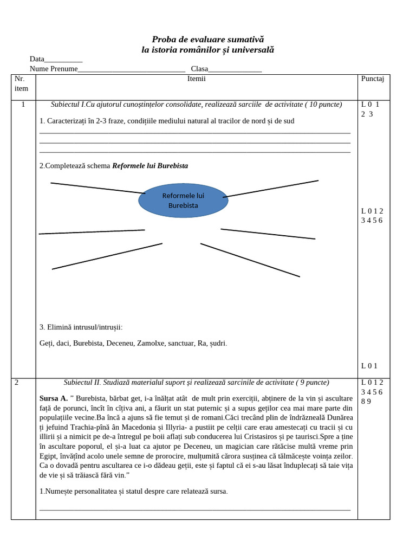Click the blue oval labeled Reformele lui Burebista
(x=183, y=201)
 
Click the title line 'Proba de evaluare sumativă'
(x=207, y=40)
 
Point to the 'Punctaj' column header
(x=372, y=79)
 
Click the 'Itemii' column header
(x=196, y=79)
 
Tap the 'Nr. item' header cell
(x=22, y=83)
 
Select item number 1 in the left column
(x=23, y=105)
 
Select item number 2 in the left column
(x=17, y=383)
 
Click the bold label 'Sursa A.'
(x=54, y=397)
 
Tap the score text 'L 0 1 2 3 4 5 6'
(x=372, y=216)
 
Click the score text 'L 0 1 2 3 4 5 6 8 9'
(x=372, y=392)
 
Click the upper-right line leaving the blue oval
(x=271, y=189)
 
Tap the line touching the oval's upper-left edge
(x=97, y=188)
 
